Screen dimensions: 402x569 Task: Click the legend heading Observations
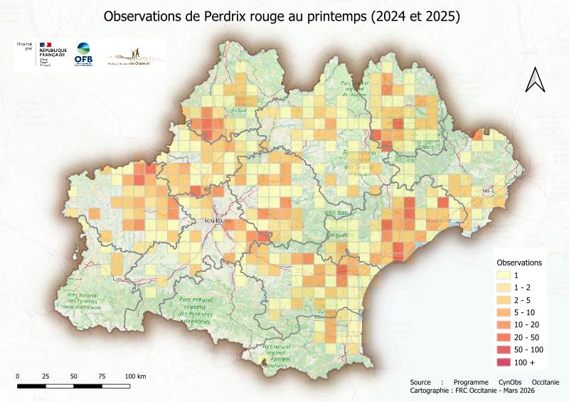tap(519, 262)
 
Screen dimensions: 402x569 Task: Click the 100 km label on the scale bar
tap(135, 376)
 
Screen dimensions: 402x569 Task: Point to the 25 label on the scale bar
tap(46, 376)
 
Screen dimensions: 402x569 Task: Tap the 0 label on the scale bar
tap(17, 376)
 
